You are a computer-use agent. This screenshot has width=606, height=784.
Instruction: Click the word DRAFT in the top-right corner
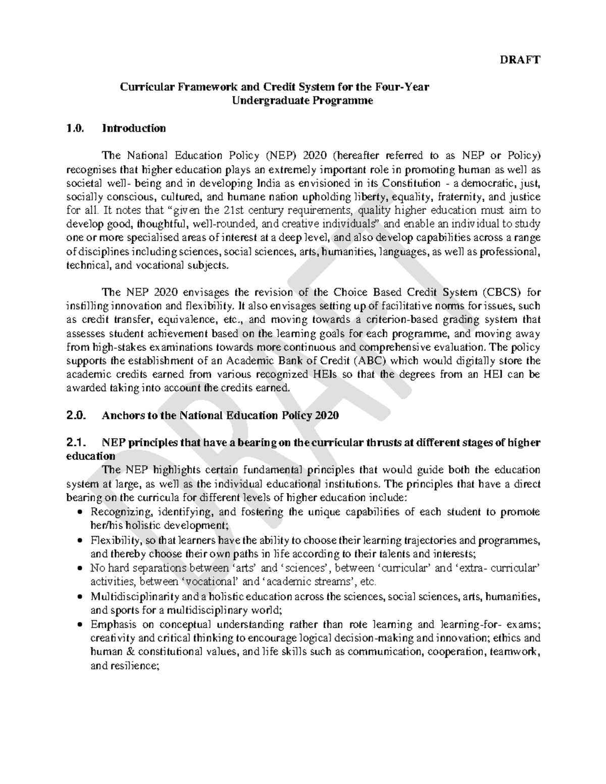point(520,60)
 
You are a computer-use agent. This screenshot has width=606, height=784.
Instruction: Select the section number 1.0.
point(74,128)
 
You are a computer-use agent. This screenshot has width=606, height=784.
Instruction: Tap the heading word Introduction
point(134,128)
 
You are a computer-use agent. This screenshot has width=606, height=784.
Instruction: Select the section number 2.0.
point(76,416)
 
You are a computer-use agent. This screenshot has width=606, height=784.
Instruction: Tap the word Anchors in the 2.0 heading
point(121,416)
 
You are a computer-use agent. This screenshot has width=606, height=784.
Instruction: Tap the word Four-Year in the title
point(406,87)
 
